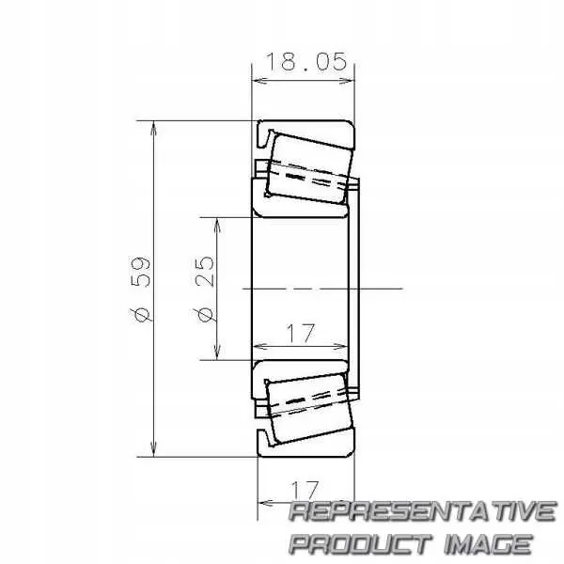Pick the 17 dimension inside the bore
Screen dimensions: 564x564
click(300, 333)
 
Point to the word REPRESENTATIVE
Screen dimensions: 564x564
click(421, 512)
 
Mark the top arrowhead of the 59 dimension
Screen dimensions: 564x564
click(153, 127)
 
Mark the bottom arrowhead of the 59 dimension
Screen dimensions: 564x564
click(153, 450)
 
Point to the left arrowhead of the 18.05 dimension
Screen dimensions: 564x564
click(258, 81)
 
